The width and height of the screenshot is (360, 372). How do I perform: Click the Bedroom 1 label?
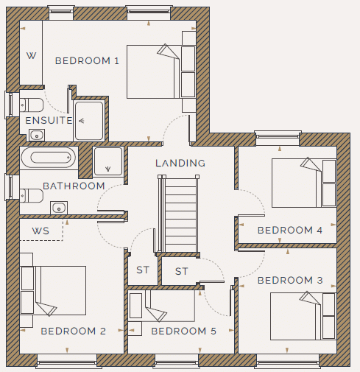click(87, 61)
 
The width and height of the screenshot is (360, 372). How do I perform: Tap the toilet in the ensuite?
click(32, 105)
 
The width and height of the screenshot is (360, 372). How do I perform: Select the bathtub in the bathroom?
click(49, 158)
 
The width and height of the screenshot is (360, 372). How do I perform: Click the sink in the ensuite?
click(37, 135)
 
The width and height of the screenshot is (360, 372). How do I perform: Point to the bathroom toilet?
click(32, 195)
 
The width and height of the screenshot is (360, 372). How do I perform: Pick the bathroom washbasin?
click(59, 208)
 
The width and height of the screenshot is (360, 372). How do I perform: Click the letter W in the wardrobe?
click(32, 56)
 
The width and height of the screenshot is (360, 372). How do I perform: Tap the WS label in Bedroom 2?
click(40, 231)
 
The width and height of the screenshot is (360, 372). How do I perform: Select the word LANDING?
click(180, 163)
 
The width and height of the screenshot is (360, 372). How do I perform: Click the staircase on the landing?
click(179, 214)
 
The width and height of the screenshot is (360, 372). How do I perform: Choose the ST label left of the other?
click(143, 270)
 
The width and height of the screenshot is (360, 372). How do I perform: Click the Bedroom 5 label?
click(184, 331)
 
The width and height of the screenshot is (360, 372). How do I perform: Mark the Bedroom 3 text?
click(290, 280)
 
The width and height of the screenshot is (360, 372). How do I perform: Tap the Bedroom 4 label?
click(290, 231)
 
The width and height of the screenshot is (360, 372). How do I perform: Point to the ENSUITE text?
click(49, 121)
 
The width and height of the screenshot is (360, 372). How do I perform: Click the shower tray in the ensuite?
click(89, 121)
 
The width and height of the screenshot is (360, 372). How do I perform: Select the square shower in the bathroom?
click(108, 161)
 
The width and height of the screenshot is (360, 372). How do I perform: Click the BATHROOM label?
click(74, 186)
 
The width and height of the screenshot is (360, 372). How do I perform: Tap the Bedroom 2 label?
click(74, 331)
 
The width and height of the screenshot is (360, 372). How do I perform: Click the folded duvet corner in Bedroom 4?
click(310, 164)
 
